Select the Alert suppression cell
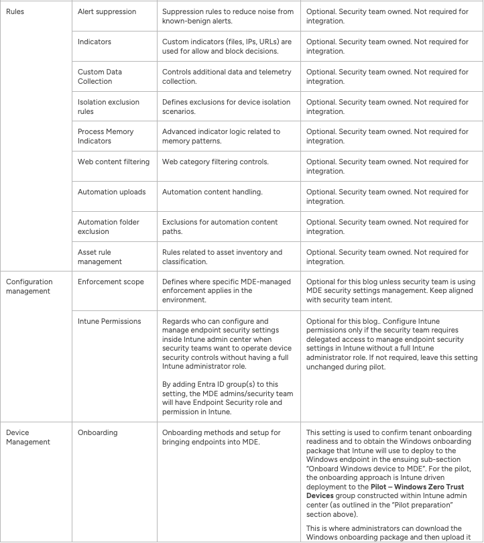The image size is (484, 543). click(x=107, y=11)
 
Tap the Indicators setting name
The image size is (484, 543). click(x=95, y=42)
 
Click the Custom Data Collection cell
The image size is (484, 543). click(x=100, y=76)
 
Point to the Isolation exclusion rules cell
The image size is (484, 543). click(x=109, y=107)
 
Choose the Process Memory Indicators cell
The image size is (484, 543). click(x=105, y=136)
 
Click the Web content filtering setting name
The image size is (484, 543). click(x=113, y=162)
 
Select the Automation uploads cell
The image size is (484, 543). click(x=111, y=192)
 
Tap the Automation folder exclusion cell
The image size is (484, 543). click(x=111, y=227)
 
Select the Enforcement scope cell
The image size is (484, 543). click(x=111, y=282)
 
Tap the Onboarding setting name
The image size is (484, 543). click(x=97, y=432)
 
